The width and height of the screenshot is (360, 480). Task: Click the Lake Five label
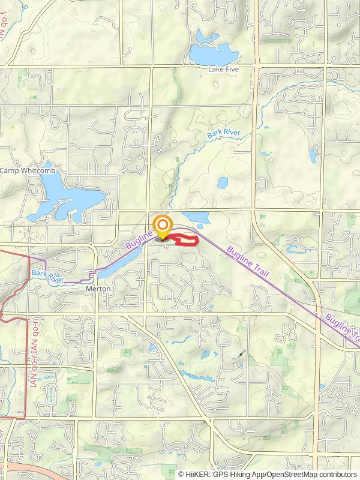coord(223,70)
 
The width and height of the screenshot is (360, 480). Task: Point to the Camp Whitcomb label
coord(28,171)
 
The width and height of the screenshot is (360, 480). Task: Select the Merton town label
coord(98,289)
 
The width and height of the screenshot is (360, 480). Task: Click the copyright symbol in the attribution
coord(181,474)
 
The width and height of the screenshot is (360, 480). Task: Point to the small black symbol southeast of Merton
coord(241,355)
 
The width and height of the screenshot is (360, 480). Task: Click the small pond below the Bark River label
coord(223,182)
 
